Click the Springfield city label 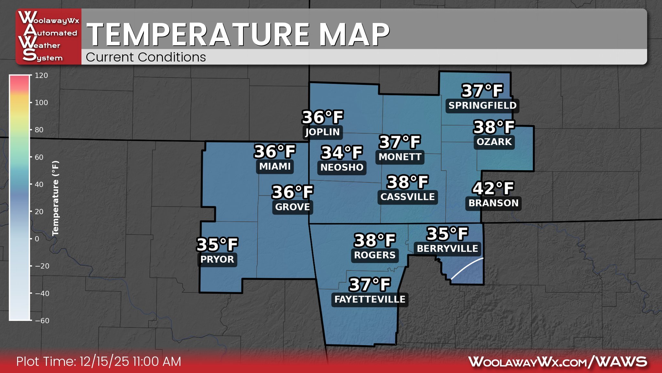482,106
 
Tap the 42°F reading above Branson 493,188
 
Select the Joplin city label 323,132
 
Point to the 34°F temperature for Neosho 342,153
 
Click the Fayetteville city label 370,299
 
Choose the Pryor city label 217,259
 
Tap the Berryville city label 447,249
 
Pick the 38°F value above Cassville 408,182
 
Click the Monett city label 400,157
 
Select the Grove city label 293,207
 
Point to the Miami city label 275,166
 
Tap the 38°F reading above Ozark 494,127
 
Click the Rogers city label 375,255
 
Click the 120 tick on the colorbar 41,75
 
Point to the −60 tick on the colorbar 42,321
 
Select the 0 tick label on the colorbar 37,239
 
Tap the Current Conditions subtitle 146,57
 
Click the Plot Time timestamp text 99,362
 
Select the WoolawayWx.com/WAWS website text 558,362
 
